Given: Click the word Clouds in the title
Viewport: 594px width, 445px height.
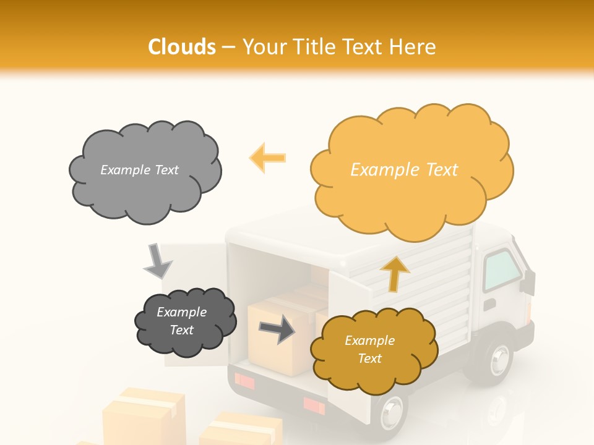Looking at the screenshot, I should pos(182,47).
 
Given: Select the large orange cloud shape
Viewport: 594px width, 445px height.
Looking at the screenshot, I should pos(411,170).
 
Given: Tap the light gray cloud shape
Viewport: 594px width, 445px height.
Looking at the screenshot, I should pos(145,171).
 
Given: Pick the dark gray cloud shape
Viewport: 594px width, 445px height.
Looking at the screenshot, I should pos(185,321).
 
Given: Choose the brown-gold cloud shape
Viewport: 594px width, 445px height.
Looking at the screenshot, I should pos(374,350).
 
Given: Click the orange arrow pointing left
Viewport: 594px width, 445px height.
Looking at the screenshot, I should pos(267,158).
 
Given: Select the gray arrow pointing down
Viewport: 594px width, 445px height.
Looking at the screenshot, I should pos(158,261).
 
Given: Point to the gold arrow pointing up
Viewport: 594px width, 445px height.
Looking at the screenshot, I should pos(394,273).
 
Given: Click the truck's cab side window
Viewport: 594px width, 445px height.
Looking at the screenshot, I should pos(501,270).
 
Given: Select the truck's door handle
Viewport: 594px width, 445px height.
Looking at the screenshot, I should pos(489,305).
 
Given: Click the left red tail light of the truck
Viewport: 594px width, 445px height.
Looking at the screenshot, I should pos(244,381).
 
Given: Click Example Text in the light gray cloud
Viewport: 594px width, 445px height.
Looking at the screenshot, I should pos(139,170).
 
